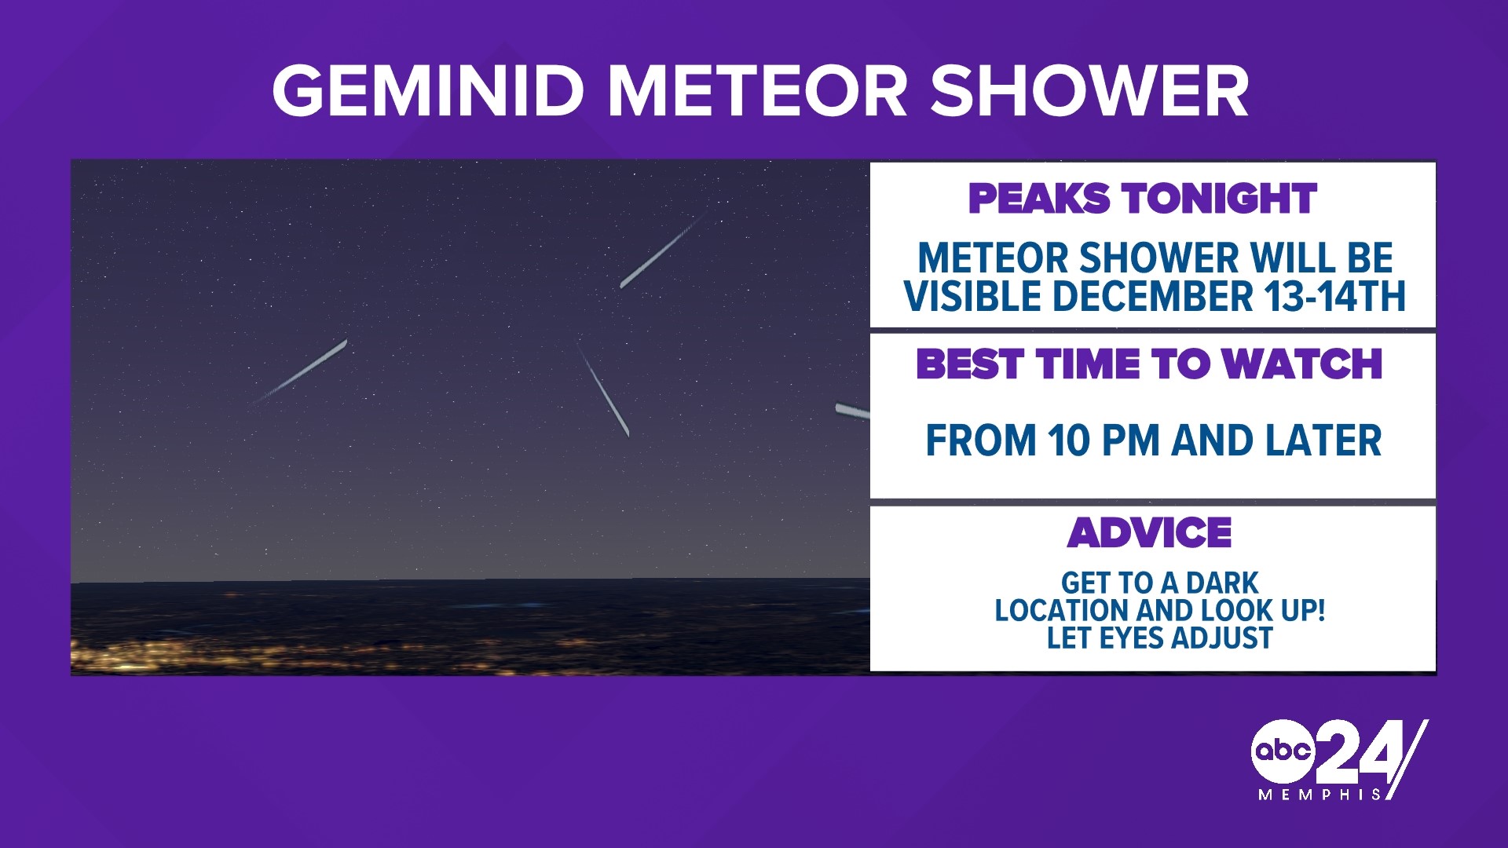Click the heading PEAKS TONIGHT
[x=1141, y=198]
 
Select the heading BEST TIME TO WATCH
[x=1148, y=364]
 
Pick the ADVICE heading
[x=1149, y=533]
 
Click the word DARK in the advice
[x=1222, y=583]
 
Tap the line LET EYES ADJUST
[x=1159, y=638]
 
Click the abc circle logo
[x=1282, y=751]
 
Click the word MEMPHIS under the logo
[x=1319, y=795]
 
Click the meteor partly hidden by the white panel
[x=852, y=411]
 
